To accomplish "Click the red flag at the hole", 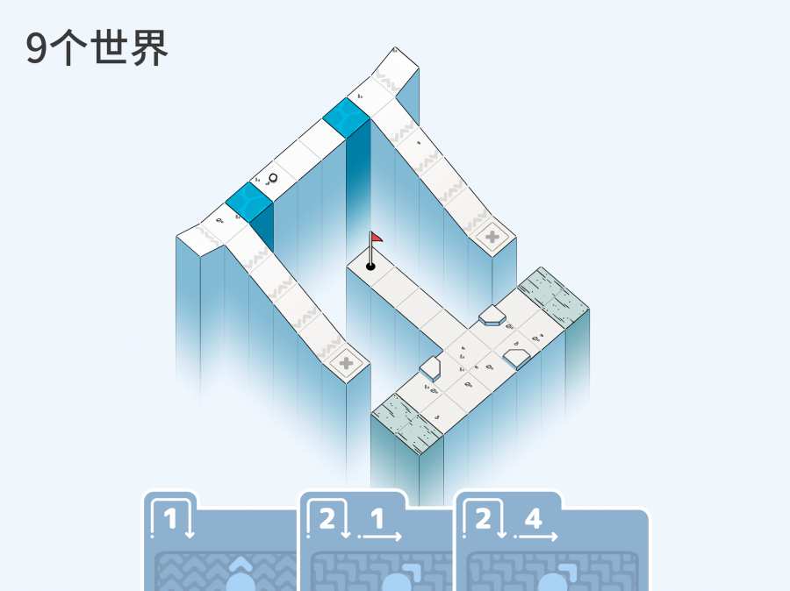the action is click(x=377, y=238).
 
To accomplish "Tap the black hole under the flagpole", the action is click(x=370, y=267).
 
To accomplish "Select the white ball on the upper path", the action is click(x=273, y=178).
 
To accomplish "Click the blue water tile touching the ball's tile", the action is click(x=249, y=202).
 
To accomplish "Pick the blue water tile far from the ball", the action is click(x=347, y=117).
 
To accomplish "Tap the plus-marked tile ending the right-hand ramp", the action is click(x=492, y=237).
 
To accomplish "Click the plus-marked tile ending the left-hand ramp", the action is click(x=346, y=362).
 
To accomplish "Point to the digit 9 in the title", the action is click(x=36, y=49).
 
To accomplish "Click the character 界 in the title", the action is click(x=148, y=48).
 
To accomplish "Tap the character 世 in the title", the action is click(x=109, y=48).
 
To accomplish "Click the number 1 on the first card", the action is click(x=170, y=518).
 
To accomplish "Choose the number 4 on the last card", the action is click(x=533, y=518).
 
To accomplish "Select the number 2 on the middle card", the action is click(x=327, y=518).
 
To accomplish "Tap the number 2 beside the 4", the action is click(x=483, y=518).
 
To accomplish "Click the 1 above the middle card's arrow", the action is click(x=377, y=518).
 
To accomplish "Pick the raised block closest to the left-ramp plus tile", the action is click(x=430, y=368).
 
